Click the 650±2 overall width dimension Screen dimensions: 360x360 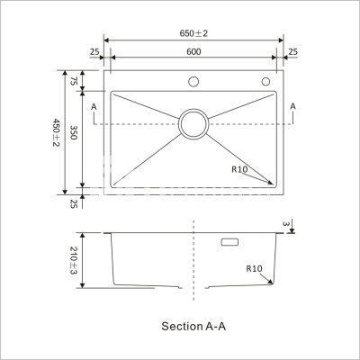(193, 33)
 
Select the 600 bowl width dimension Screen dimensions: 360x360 (193, 51)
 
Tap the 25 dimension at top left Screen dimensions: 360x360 (94, 52)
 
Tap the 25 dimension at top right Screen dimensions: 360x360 (292, 52)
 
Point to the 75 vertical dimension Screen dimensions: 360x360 (74, 81)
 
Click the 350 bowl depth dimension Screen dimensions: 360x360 (74, 132)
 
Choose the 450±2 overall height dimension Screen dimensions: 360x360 (57, 132)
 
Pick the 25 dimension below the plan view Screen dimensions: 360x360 (74, 204)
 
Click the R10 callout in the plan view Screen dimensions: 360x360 (239, 169)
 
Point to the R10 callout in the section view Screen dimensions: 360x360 (255, 268)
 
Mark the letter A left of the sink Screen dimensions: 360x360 (94, 106)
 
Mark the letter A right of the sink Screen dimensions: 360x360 (293, 106)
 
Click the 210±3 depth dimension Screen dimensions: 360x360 (74, 260)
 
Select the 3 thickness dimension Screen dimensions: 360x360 (286, 223)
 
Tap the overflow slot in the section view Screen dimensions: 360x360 (229, 242)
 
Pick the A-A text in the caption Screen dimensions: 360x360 (216, 326)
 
